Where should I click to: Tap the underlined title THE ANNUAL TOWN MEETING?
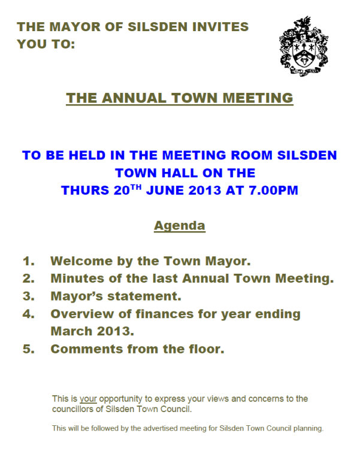pos(180,98)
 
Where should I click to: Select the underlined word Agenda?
pos(180,226)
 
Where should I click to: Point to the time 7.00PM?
pos(270,191)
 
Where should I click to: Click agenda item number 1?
pos(29,261)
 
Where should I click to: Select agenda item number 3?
pos(29,296)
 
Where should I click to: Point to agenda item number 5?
pos(29,349)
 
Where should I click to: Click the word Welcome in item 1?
pos(81,261)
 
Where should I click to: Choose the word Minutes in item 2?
pos(77,279)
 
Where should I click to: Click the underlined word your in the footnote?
pos(88,398)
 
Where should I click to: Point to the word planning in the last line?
pos(306,428)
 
